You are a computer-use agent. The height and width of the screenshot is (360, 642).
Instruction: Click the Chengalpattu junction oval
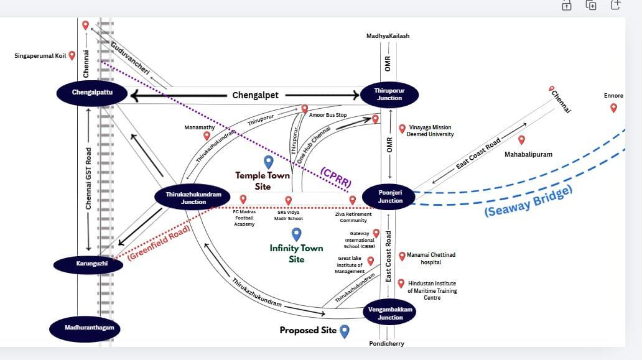91,93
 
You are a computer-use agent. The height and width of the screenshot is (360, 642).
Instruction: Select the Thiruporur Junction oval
388,95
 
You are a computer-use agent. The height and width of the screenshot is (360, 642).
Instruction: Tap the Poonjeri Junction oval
390,197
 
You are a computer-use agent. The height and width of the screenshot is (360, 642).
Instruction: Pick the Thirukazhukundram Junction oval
193,198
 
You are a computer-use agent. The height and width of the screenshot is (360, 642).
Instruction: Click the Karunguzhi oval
88,264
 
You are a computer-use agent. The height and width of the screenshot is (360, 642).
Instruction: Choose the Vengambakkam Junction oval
390,313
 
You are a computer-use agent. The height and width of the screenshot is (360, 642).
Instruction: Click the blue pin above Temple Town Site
268,162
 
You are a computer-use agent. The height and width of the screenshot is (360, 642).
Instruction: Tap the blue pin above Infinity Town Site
297,234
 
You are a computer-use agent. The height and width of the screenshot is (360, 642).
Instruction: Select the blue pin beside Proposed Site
344,331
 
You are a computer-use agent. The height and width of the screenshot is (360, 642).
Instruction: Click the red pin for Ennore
613,108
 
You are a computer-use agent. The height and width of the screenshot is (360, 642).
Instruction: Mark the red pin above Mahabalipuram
521,140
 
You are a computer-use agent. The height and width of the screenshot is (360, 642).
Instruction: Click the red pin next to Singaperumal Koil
72,55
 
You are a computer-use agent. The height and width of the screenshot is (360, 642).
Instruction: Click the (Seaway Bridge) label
528,200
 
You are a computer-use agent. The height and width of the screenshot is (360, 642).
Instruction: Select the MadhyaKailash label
388,36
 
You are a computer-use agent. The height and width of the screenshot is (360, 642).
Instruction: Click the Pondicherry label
387,343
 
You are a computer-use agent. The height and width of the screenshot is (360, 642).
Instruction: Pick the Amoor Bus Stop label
327,116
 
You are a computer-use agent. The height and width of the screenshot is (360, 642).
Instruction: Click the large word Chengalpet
256,95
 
